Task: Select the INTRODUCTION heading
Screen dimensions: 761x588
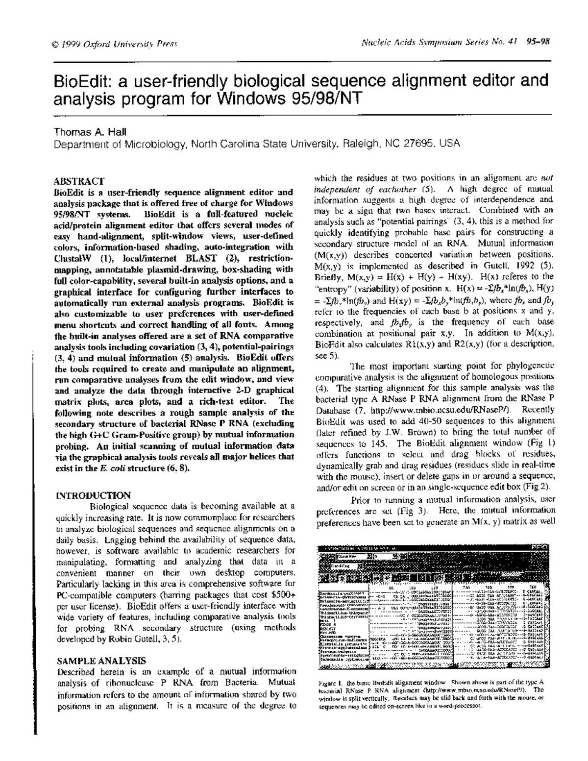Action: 94,495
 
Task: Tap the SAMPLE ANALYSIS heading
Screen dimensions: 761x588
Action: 101,661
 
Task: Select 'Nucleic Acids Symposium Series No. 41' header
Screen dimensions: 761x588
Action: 439,42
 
